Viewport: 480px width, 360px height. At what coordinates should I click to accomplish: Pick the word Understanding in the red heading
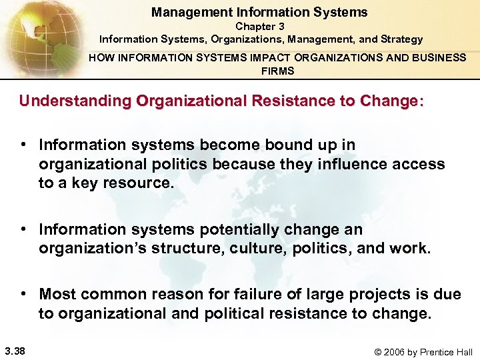coord(75,101)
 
